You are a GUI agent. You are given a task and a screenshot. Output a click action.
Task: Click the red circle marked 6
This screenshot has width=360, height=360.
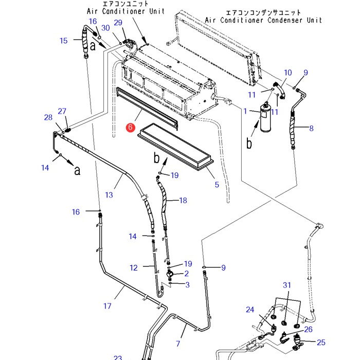pos(131,127)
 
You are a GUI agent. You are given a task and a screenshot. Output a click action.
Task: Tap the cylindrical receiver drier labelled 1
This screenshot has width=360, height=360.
pos(266,118)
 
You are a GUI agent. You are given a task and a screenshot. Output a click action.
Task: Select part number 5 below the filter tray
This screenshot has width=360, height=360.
pos(217,185)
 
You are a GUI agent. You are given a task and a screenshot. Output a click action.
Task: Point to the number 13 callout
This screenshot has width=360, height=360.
pos(109,195)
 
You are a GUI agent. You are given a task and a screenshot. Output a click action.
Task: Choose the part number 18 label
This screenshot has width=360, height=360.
pos(183,201)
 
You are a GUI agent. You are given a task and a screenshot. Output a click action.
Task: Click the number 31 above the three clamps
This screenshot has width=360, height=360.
pos(287,285)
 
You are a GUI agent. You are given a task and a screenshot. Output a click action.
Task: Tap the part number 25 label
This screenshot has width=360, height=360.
pos(321,343)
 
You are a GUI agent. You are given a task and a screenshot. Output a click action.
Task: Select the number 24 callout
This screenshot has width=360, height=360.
pos(250,310)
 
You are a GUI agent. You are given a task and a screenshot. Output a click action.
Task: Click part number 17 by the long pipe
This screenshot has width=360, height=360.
pos(107,306)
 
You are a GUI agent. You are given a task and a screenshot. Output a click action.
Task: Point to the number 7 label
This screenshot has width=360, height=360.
pos(178,344)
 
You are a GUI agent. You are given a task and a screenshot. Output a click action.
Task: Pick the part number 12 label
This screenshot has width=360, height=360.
pos(134,268)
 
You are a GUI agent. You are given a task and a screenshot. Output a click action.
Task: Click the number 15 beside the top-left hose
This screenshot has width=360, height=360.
pos(64,41)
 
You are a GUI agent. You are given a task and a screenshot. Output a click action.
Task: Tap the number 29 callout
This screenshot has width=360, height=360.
pos(118,23)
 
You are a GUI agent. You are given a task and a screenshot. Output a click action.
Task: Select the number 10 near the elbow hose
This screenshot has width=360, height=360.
pos(288,73)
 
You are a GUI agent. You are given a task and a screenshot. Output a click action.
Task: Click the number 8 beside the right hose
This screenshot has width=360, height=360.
pos(311,128)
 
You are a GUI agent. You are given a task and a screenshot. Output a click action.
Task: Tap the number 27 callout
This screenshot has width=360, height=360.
pos(62,111)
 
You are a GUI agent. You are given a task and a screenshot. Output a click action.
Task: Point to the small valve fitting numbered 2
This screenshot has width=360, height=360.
pos(170,274)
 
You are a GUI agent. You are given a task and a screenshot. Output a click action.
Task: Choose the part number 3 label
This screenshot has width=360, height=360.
pos(187,285)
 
